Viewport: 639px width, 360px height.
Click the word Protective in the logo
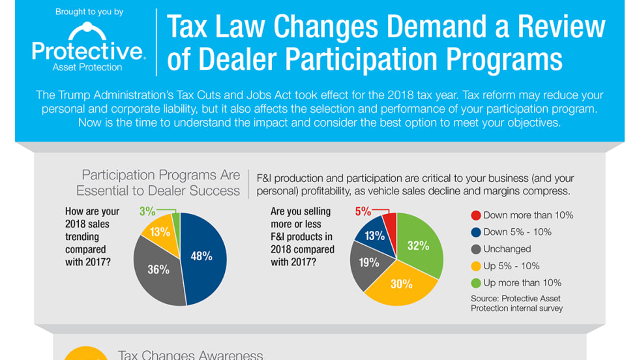pyautogui.click(x=87, y=52)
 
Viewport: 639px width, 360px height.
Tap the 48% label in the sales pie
pyautogui.click(x=201, y=256)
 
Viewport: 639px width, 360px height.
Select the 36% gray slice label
pyautogui.click(x=158, y=269)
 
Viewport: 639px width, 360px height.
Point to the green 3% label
pyautogui.click(x=147, y=211)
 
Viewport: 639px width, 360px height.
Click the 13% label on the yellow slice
pyautogui.click(x=160, y=232)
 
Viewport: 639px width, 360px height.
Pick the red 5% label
pyautogui.click(x=363, y=211)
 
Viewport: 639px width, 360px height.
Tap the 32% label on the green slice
pyautogui.click(x=419, y=246)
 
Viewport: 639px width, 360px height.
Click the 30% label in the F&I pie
pyautogui.click(x=402, y=283)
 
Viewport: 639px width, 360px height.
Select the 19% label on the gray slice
pyautogui.click(x=368, y=262)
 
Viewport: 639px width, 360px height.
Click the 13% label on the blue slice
pyautogui.click(x=374, y=235)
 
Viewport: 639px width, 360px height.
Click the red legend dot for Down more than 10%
pyautogui.click(x=476, y=215)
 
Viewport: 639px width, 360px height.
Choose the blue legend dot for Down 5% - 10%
pyautogui.click(x=476, y=232)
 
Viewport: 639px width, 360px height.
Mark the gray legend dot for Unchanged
pyautogui.click(x=476, y=249)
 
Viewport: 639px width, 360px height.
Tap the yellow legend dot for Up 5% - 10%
pyautogui.click(x=476, y=266)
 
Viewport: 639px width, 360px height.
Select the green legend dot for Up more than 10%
pyautogui.click(x=476, y=283)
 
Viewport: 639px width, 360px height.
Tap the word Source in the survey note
pyautogui.click(x=486, y=299)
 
